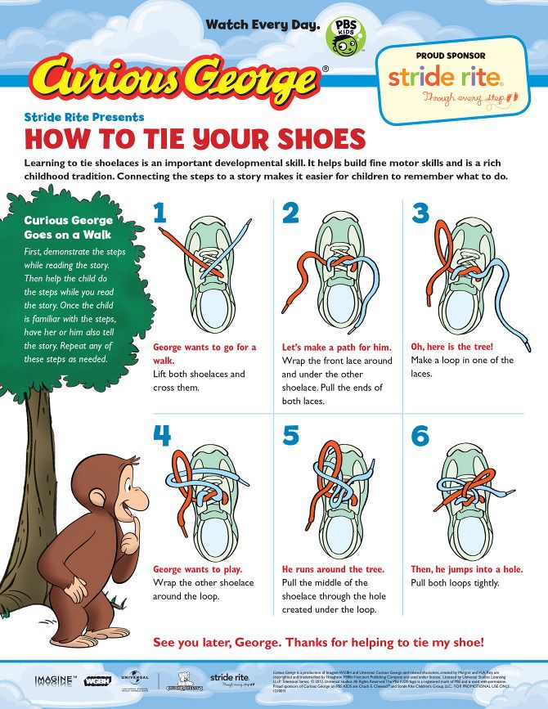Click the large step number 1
click(x=160, y=213)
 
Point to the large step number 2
click(x=291, y=213)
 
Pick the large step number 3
click(x=420, y=213)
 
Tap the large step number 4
click(x=162, y=436)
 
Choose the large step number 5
click(x=291, y=436)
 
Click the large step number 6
click(x=420, y=436)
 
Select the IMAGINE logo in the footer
click(x=55, y=680)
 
